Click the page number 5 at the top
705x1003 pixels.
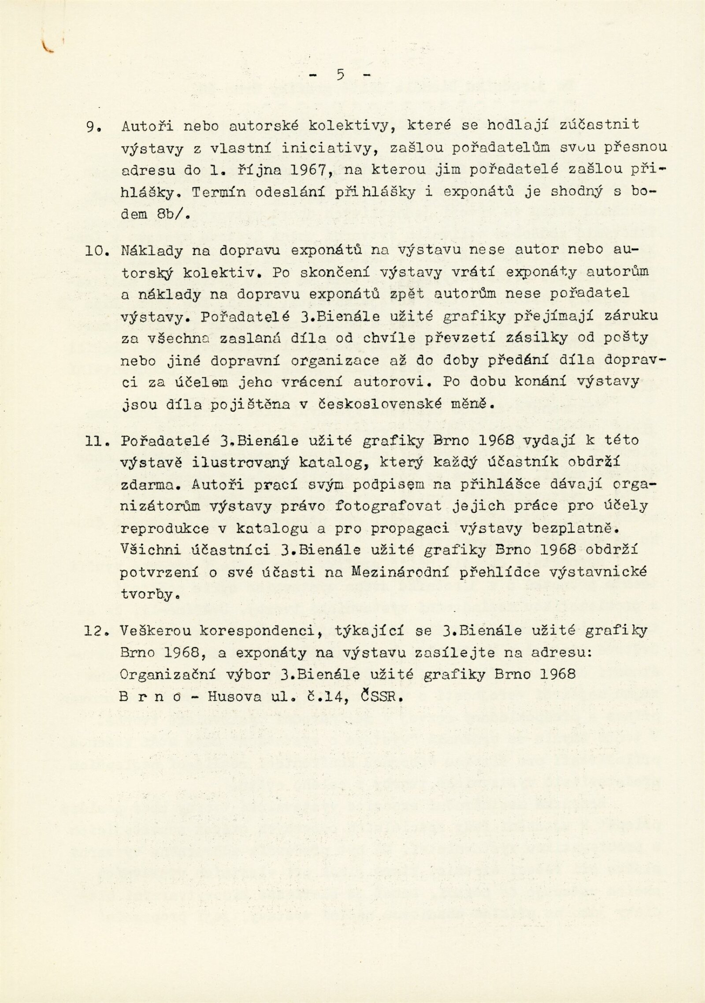click(x=340, y=75)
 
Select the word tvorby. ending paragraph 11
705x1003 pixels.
click(x=145, y=594)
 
